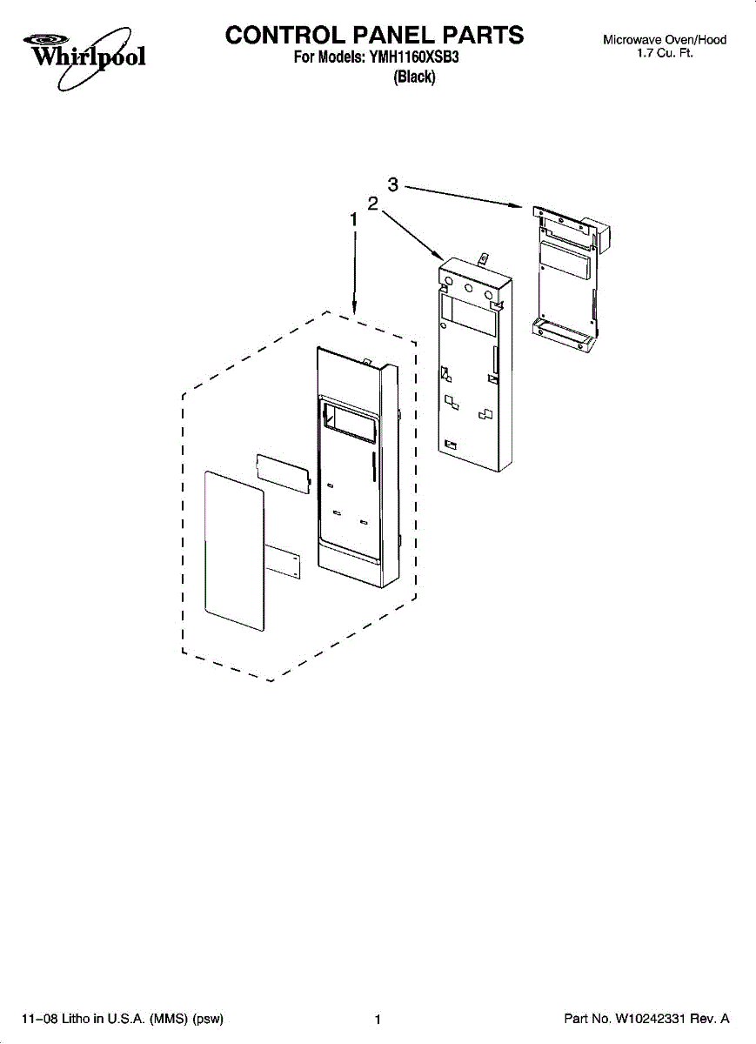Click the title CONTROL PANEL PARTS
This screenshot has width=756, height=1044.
pyautogui.click(x=375, y=35)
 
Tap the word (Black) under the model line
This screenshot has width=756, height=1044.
pyautogui.click(x=414, y=77)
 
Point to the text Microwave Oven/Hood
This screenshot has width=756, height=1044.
pyautogui.click(x=665, y=40)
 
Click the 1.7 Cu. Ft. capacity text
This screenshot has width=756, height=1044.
pyautogui.click(x=665, y=53)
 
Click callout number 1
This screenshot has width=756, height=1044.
pyautogui.click(x=353, y=220)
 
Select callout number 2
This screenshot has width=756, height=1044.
pyautogui.click(x=372, y=204)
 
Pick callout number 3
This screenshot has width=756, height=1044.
pyautogui.click(x=393, y=184)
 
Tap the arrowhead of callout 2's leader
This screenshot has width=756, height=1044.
pyautogui.click(x=438, y=258)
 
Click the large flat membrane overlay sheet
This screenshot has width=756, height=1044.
pyautogui.click(x=233, y=550)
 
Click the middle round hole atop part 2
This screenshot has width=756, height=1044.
pyautogui.click(x=468, y=287)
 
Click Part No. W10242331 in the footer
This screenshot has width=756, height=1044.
pyautogui.click(x=646, y=1019)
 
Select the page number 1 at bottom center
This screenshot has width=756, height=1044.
pyautogui.click(x=378, y=1020)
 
